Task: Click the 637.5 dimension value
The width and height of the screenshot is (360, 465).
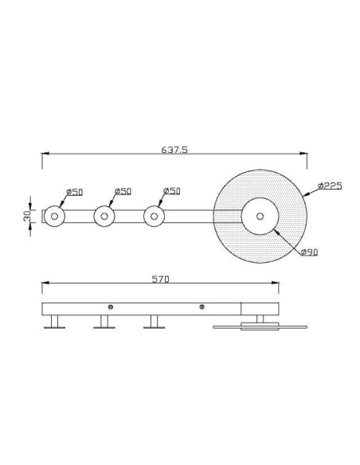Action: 174,150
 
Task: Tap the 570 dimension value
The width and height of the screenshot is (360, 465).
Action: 160,279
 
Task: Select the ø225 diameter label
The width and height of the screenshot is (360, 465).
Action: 330,186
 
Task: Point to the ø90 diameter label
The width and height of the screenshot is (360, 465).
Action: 309,252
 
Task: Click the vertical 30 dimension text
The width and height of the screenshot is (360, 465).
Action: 27,217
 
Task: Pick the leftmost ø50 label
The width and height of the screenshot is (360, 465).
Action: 74,192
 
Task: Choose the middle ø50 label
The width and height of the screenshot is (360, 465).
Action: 123,191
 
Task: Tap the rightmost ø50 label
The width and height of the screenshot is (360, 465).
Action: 172,191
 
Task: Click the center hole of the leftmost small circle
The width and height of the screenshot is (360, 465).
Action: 54,217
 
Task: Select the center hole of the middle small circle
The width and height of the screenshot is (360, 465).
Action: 104,217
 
